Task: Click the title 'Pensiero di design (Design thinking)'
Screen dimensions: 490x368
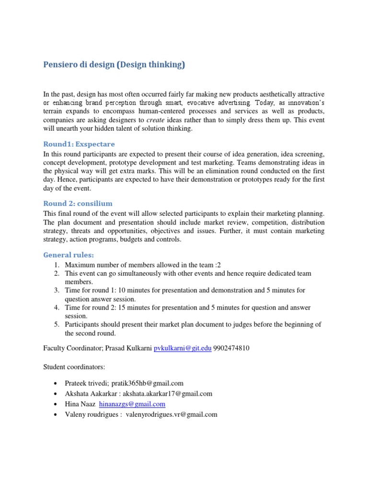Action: [114, 65]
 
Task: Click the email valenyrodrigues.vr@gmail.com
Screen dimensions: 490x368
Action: [172, 415]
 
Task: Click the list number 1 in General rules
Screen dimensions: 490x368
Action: [56, 265]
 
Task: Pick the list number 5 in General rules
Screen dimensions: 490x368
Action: [56, 324]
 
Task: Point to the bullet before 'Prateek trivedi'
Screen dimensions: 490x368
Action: [57, 384]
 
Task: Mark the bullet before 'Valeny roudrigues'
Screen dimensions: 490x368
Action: [57, 415]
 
